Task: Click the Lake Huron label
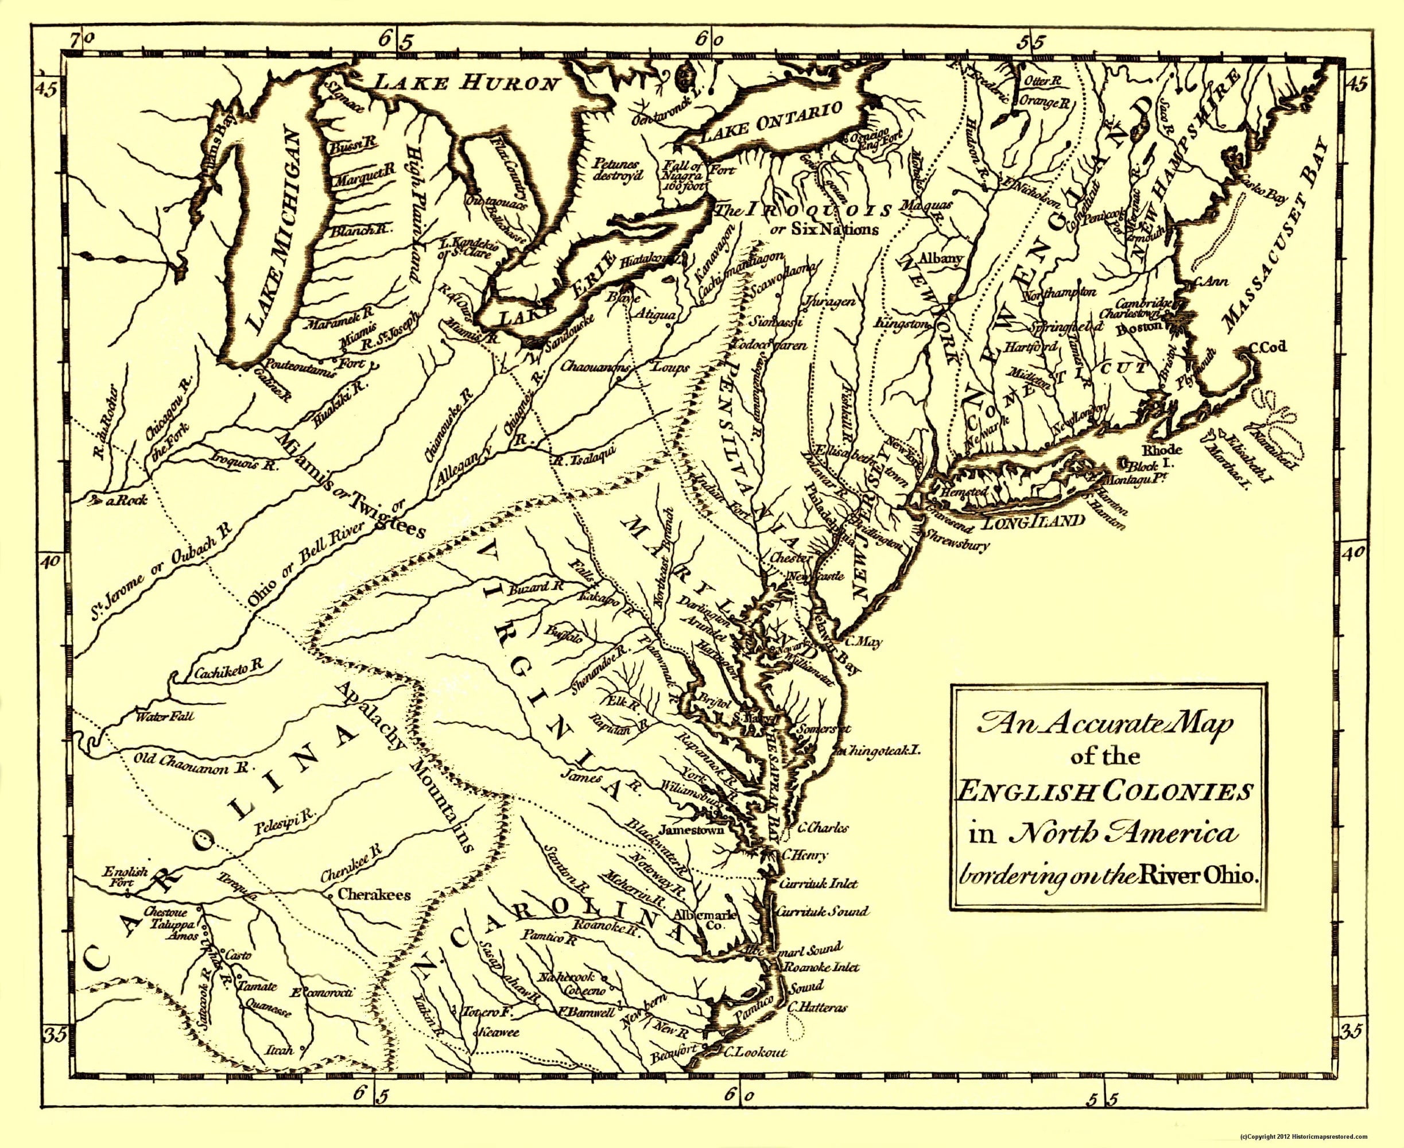[x=465, y=83]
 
